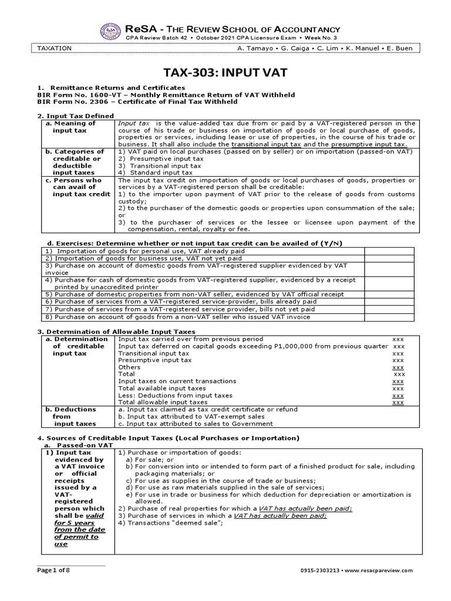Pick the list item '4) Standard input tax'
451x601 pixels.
pos(155,173)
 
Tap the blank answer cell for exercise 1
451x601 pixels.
pos(390,251)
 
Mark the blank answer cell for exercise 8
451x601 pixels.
pos(390,317)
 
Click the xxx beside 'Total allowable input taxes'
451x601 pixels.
pos(398,403)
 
